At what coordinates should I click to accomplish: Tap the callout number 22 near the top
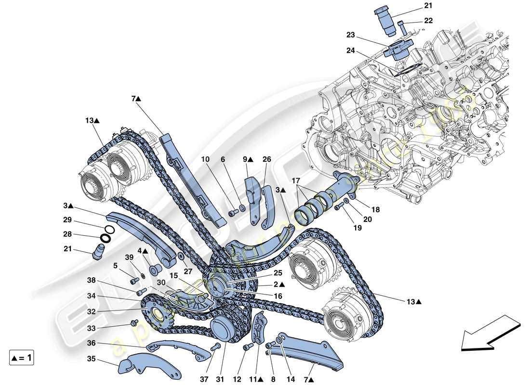pyautogui.click(x=428, y=21)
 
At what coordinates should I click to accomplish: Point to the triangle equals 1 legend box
pyautogui.click(x=22, y=358)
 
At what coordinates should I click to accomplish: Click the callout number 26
pyautogui.click(x=267, y=159)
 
